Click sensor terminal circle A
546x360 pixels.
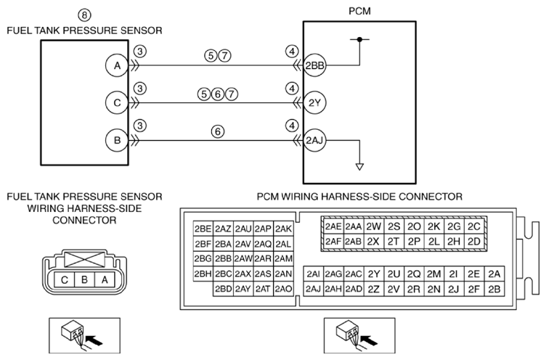pyautogui.click(x=118, y=65)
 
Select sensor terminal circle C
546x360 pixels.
pyautogui.click(x=118, y=103)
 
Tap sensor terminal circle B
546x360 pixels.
pyautogui.click(x=118, y=140)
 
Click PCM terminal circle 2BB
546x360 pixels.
pyautogui.click(x=315, y=65)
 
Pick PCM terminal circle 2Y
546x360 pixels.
pyautogui.click(x=315, y=103)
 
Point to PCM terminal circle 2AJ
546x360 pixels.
pyautogui.click(x=315, y=140)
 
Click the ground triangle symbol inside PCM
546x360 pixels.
pyautogui.click(x=359, y=167)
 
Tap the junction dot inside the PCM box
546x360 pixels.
pyautogui.click(x=359, y=39)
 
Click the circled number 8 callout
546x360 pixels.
pyautogui.click(x=84, y=15)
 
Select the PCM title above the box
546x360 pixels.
pyautogui.click(x=359, y=11)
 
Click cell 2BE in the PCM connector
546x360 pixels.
pyautogui.click(x=203, y=229)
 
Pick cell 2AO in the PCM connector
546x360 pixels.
pyautogui.click(x=283, y=289)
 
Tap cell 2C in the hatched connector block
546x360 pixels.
pyautogui.click(x=474, y=226)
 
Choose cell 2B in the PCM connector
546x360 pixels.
pyautogui.click(x=494, y=289)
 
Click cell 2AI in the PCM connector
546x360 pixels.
pyautogui.click(x=314, y=274)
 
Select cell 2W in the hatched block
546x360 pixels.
pyautogui.click(x=374, y=226)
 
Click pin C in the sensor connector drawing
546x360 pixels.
pyautogui.click(x=65, y=279)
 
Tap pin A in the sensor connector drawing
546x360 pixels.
pyautogui.click(x=105, y=279)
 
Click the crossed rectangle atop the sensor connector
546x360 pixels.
pyautogui.click(x=85, y=260)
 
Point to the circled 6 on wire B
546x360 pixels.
pyautogui.click(x=218, y=131)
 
